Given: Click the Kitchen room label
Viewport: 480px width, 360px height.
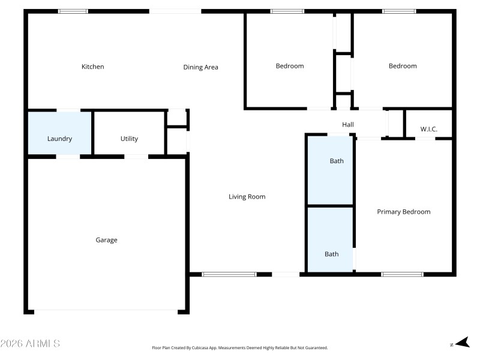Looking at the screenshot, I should pos(93,67).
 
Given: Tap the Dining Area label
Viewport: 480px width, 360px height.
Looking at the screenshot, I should pos(200,67).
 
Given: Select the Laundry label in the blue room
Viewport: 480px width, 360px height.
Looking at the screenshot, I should pos(59,139).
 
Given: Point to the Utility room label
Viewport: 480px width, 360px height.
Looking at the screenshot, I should pos(129,139).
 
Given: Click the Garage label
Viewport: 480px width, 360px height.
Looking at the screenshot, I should pos(106,240).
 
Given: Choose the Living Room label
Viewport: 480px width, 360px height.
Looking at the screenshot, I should pos(247,197).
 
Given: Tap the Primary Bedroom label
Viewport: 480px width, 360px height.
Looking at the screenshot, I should pos(403,212).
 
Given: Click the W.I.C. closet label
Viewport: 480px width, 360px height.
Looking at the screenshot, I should pos(428,129).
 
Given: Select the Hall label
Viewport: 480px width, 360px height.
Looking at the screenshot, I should pos(348,125).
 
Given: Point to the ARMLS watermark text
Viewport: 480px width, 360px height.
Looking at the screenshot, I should pos(30,344).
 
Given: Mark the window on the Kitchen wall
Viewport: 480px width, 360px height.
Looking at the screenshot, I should pos(73,11).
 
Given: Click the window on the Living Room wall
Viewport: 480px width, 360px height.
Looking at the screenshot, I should pos(229,274).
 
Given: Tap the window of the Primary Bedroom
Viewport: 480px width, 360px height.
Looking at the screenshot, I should pos(401,274).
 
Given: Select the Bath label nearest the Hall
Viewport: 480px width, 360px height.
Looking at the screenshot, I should pos(337,161).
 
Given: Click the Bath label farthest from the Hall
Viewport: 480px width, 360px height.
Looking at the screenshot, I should pos(331,254).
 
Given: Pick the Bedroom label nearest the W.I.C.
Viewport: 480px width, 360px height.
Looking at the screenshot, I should pos(403,66).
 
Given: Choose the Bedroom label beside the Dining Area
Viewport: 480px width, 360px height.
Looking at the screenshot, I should pos(289,66).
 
